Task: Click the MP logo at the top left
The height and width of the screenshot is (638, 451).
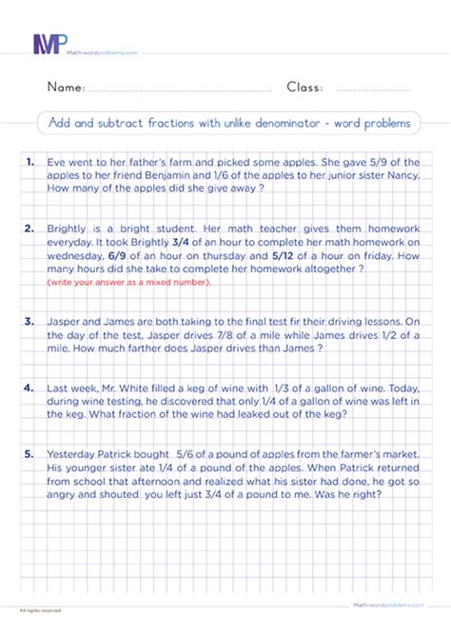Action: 49,43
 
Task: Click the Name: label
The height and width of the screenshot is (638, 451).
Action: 66,88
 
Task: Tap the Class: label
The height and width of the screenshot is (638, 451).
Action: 304,88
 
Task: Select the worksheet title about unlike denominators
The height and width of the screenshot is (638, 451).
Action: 225,123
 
